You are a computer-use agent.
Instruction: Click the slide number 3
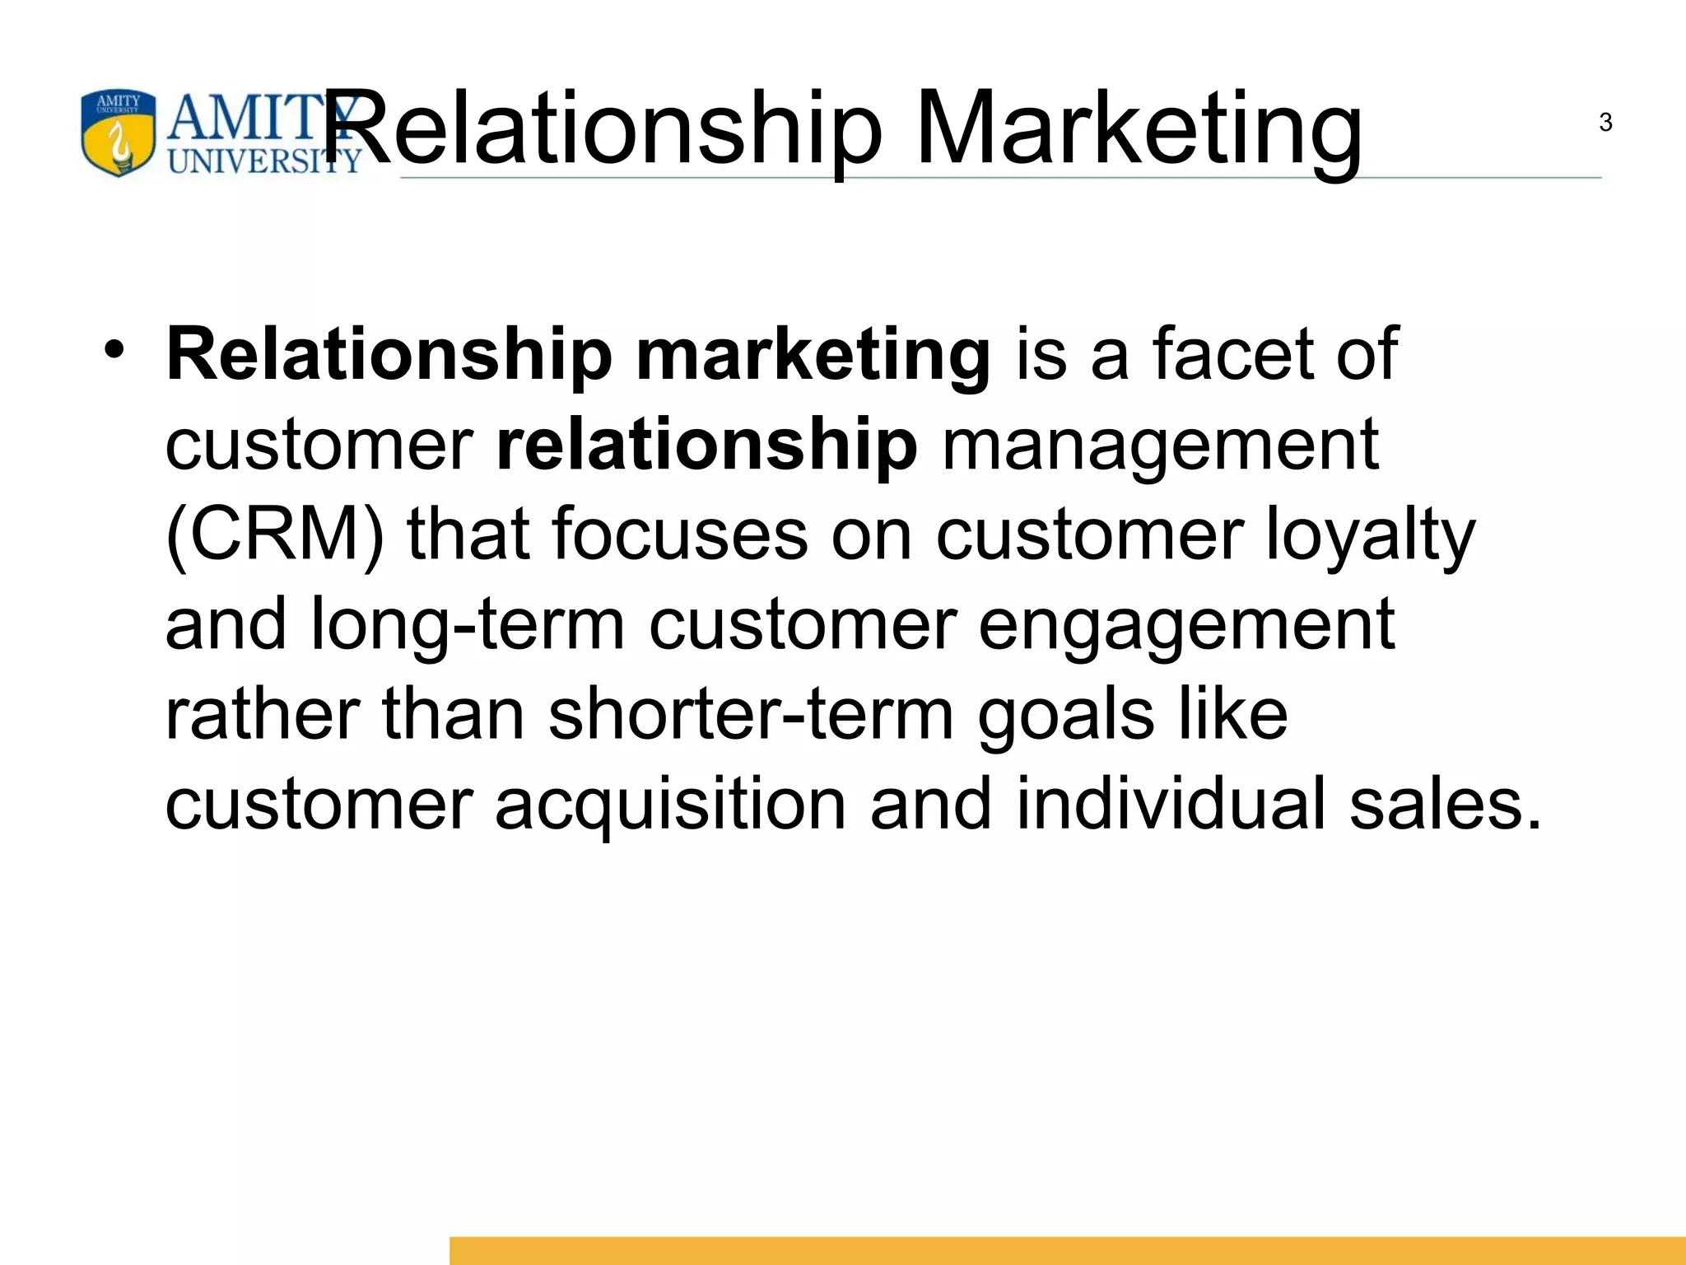click(x=1605, y=123)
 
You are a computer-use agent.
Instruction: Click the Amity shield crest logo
click(x=118, y=133)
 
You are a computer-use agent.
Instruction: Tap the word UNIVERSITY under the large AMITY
click(x=264, y=160)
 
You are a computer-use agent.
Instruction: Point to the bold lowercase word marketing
click(x=813, y=356)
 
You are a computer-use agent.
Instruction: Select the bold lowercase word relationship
click(x=706, y=445)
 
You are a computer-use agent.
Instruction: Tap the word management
click(x=1160, y=446)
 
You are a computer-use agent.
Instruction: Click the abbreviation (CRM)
click(x=275, y=535)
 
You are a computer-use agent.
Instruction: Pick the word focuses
click(x=680, y=535)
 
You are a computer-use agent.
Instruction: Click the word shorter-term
click(x=751, y=715)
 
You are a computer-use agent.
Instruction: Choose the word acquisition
click(x=670, y=805)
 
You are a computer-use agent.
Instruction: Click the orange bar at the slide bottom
click(x=1067, y=1249)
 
